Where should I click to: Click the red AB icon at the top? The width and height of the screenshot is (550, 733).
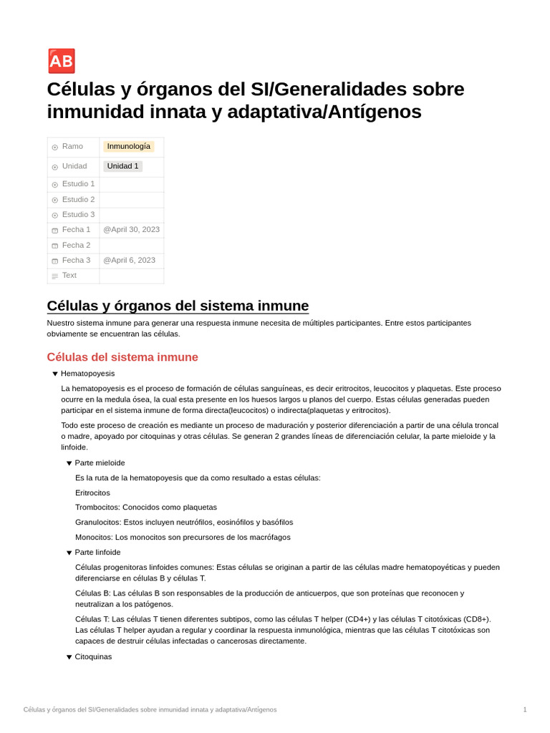62,62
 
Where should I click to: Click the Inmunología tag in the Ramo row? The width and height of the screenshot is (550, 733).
128,146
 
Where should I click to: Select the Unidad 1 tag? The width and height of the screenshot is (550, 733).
122,166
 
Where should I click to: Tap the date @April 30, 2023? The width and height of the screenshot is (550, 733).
131,230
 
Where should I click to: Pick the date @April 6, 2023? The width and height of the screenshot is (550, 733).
129,261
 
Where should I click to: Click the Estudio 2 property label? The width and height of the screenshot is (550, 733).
78,200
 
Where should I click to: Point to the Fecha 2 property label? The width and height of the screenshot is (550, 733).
76,245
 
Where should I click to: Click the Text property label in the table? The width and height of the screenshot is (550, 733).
69,276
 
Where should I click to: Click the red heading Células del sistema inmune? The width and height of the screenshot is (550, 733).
122,357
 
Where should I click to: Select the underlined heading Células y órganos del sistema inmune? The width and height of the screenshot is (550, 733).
178,306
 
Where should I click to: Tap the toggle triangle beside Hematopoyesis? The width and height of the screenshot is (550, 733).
55,374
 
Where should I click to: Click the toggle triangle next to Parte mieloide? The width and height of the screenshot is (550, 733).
69,463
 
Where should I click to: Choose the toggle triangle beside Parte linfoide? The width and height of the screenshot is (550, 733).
69,553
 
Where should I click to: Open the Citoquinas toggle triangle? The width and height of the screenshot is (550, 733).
69,657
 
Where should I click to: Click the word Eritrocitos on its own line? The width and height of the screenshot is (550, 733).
92,493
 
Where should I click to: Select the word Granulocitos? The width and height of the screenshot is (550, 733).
97,523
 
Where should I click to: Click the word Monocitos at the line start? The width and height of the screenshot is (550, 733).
93,538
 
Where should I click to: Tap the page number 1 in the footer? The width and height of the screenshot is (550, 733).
524,709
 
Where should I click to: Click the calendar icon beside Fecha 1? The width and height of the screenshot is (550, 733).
55,230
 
